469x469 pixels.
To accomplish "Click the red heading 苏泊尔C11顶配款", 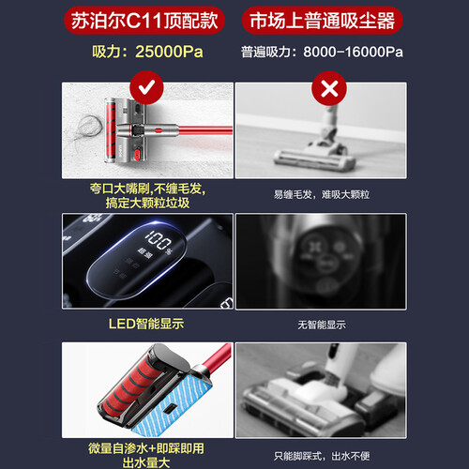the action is click(x=144, y=21).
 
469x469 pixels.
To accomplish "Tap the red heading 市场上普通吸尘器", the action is click(x=322, y=21).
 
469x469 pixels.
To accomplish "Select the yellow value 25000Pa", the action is click(x=169, y=52).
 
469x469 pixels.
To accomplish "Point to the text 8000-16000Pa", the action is click(x=353, y=52).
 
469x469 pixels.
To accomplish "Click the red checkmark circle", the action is click(x=146, y=88).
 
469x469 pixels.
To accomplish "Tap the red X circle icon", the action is click(x=329, y=88).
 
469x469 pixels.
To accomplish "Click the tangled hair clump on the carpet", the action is click(x=88, y=129).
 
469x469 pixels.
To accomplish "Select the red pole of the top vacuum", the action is click(x=204, y=129).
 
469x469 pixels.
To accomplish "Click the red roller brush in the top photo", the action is click(x=111, y=130).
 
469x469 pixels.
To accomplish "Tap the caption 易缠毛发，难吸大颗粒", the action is click(x=322, y=194).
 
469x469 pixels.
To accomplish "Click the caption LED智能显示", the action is click(x=146, y=324).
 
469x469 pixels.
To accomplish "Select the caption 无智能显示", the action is click(x=322, y=325).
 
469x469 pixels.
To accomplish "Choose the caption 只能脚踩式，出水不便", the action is click(x=322, y=456).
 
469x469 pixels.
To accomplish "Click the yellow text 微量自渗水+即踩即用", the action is click(x=146, y=448).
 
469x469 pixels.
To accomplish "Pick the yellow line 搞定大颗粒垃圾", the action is click(x=147, y=203).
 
